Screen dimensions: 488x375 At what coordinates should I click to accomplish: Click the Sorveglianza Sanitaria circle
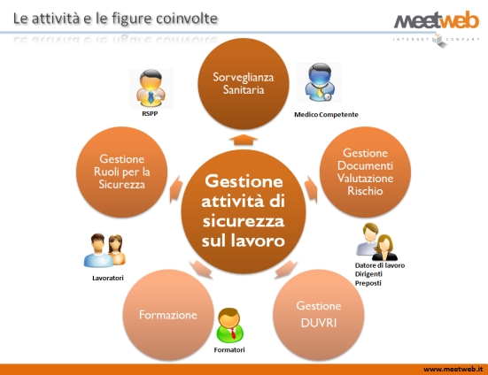pos(244,83)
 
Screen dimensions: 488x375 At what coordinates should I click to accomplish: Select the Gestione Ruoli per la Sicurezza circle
pos(121,172)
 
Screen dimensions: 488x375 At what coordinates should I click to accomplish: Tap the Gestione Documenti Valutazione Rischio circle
pos(365,172)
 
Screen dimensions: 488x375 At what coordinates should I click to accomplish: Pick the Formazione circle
pos(168,315)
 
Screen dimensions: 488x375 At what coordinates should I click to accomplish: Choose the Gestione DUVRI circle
pos(318,315)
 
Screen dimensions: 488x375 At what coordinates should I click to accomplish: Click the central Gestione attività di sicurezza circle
pos(244,211)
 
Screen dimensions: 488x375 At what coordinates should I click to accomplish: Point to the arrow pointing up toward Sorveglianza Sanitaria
pos(244,140)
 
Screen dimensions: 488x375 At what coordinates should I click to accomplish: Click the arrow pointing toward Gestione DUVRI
pos(286,269)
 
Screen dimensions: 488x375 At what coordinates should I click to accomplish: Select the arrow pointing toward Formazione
pos(201,269)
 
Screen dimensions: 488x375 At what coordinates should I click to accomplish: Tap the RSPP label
pos(150,114)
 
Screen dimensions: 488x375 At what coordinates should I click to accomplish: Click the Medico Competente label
pos(326,115)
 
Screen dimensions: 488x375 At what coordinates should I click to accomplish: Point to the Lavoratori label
pos(108,278)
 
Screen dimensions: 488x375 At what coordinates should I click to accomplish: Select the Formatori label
pos(229,350)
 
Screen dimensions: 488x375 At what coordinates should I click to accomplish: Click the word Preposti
pos(368,283)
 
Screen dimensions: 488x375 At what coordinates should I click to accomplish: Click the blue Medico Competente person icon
pos(320,82)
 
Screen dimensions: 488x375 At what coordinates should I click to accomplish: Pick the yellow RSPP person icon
pos(151,88)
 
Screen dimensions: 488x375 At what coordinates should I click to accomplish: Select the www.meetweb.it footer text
pos(453,369)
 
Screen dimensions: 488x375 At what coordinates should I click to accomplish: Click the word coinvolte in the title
pos(187,19)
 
